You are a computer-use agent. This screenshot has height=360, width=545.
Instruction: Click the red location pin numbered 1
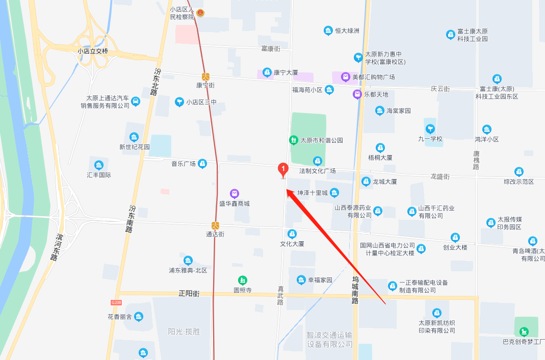tap(282, 169)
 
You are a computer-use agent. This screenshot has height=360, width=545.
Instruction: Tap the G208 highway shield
tap(116, 302)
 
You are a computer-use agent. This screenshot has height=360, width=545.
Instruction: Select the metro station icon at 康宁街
tap(205, 76)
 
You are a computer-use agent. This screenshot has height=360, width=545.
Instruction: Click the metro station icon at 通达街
tap(216, 225)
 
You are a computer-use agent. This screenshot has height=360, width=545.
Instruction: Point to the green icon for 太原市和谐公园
tap(293, 140)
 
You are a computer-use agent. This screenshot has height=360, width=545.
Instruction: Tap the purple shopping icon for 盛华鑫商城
tap(235, 194)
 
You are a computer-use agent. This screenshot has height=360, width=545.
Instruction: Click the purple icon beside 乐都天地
tap(357, 94)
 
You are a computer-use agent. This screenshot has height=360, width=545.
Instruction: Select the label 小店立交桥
tap(93, 51)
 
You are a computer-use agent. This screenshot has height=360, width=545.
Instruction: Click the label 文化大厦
tap(292, 244)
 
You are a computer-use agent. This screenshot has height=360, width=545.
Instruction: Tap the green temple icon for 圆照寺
tap(243, 280)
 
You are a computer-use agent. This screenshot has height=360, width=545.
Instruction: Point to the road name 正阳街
tap(189, 294)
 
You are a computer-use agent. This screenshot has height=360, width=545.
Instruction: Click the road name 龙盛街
tap(439, 176)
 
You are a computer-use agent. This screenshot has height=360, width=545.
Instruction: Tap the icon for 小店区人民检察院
tap(200, 13)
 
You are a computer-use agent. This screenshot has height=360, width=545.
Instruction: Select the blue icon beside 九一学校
tap(431, 128)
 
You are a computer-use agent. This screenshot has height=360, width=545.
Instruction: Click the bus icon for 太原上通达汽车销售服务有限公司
tap(136, 101)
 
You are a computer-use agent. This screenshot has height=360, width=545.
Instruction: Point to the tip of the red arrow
tap(286, 190)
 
